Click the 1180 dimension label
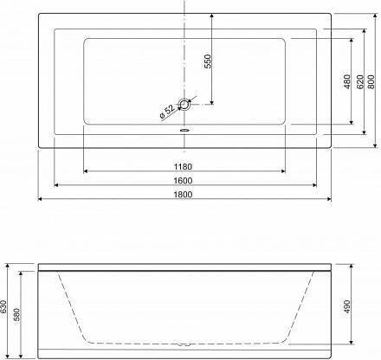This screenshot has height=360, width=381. pos(183,166)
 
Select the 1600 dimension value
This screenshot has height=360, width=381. pos(183,181)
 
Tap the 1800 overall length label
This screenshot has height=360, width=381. pos(183,195)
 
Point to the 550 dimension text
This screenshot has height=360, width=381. pos(208,61)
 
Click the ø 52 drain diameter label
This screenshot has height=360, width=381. pos(167,112)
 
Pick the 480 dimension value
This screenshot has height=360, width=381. pos(347,81)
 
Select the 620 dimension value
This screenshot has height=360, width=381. pos(359,81)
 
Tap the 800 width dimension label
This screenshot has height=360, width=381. pos(371,81)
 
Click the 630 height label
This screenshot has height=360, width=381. pos(3,307)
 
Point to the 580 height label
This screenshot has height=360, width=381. pos(16,315)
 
